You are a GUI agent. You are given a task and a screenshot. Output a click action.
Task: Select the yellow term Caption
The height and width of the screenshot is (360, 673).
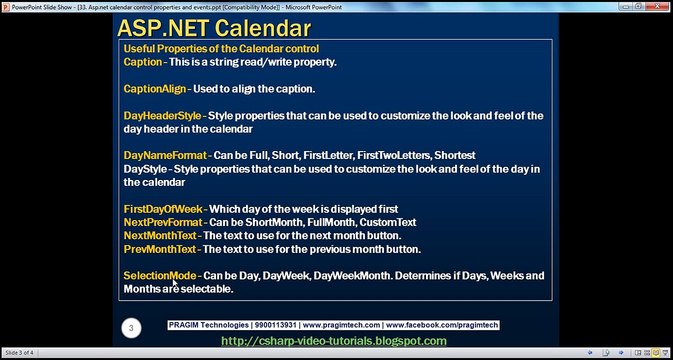tap(141, 62)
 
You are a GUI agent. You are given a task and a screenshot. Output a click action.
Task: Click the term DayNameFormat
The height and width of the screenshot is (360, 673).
tap(165, 156)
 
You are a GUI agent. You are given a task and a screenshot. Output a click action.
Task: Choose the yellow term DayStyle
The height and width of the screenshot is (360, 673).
tap(145, 169)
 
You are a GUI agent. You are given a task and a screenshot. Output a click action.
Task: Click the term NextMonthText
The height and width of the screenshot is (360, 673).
tap(161, 235)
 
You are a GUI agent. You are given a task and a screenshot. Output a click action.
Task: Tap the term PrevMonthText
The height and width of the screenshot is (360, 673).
tap(160, 248)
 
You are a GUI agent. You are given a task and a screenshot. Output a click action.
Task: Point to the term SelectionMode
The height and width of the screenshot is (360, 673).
tap(160, 275)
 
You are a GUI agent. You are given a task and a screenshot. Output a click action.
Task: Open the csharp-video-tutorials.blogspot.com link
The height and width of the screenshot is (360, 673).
tap(333, 342)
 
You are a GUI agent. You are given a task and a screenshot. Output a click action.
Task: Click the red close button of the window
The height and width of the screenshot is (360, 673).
tap(661, 5)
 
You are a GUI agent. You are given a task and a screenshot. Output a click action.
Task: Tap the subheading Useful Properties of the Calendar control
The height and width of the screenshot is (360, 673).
tap(221, 49)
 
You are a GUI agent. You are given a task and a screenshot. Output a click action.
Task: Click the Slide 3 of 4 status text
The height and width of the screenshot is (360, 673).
tap(21, 353)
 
